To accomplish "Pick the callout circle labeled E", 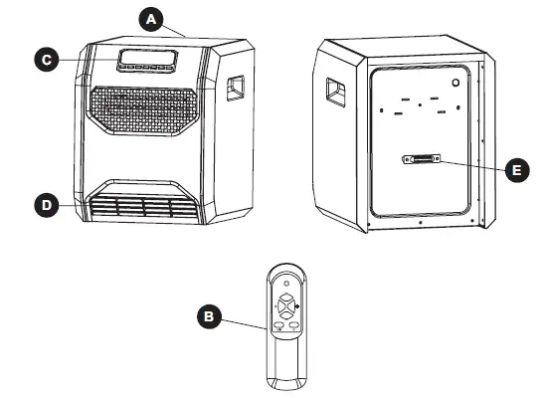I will pos(514,170).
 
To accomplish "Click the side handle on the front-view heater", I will pos(236,89).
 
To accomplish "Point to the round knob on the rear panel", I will pos(455,85).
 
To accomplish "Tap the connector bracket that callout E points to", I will pos(419,160).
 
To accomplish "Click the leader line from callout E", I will pos(469,165).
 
